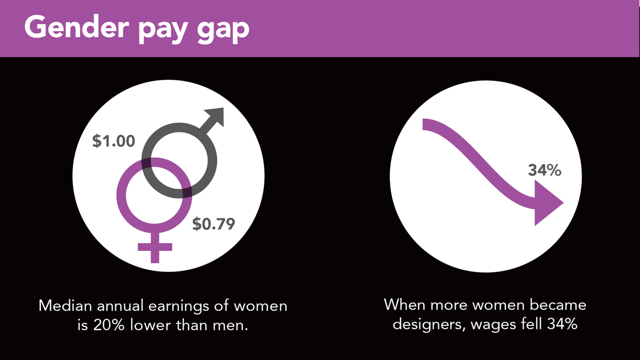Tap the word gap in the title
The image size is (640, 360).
(223, 30)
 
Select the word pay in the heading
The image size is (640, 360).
(163, 30)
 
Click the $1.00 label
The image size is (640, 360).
(113, 141)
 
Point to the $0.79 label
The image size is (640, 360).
(213, 223)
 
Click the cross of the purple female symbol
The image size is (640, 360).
(155, 247)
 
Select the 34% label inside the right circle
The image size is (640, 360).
(544, 170)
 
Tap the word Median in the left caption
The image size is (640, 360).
(65, 305)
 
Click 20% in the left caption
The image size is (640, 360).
(109, 325)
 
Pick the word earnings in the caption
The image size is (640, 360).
(179, 306)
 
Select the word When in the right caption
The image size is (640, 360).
(404, 304)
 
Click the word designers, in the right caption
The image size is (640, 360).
(429, 324)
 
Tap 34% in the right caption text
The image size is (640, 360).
(562, 324)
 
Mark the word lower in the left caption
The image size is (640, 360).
(150, 325)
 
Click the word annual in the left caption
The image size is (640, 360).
(120, 305)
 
